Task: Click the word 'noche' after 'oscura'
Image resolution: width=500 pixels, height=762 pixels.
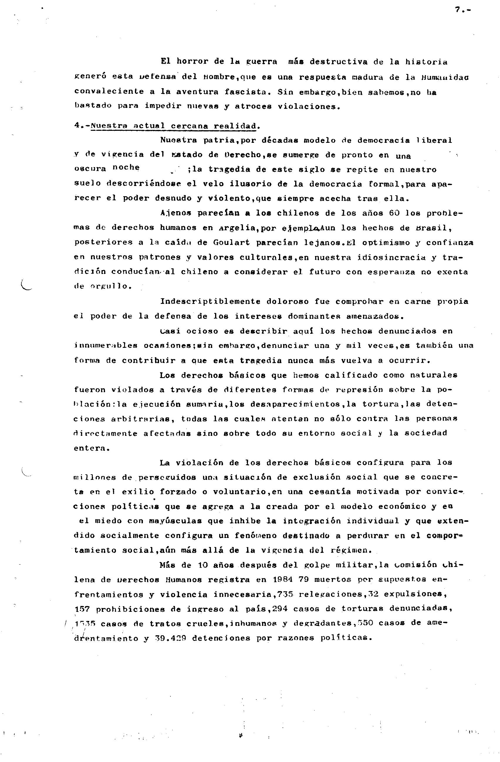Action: click(x=126, y=168)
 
